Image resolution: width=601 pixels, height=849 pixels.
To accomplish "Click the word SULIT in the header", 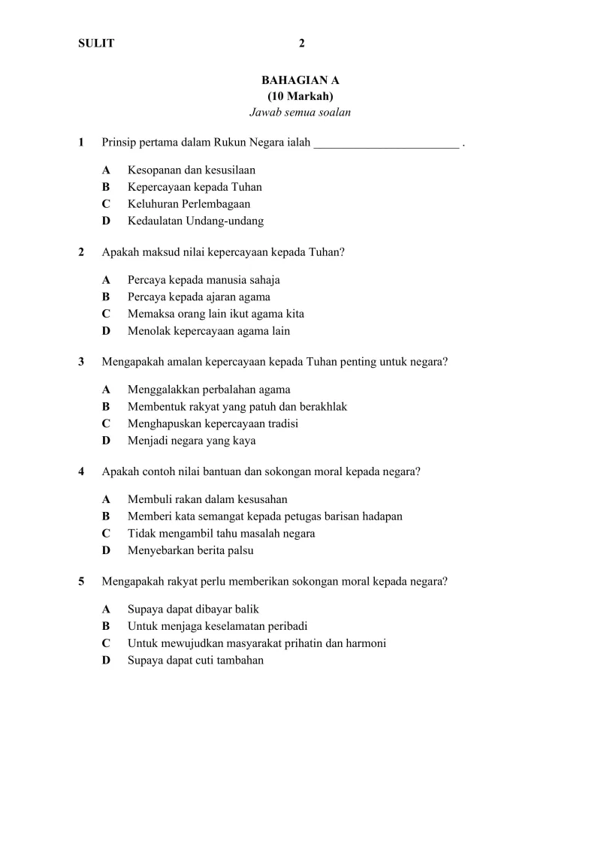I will point(96,44).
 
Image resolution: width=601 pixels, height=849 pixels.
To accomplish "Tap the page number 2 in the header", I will point(301,44).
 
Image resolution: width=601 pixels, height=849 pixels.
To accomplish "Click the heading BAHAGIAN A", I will point(300,79).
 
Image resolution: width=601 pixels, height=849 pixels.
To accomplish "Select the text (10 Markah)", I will point(300,96).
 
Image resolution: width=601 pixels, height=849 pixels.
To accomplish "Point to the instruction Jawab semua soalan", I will point(300,113).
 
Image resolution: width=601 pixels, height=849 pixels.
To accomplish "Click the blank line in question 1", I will point(386,143).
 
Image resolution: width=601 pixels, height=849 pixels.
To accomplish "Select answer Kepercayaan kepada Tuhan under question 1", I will point(195,187).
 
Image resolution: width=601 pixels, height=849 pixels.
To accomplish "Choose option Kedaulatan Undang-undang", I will point(195,221).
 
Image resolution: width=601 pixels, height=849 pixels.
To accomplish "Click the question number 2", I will point(81,252).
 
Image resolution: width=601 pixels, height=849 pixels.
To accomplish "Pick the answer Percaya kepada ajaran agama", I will point(199,297).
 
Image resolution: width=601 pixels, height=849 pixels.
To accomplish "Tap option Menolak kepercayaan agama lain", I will point(208,331).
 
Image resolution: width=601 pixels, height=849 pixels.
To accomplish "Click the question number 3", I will point(81,362).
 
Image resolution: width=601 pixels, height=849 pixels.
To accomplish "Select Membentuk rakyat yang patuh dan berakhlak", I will point(237,407).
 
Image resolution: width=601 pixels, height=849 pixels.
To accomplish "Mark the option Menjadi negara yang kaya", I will point(192,441).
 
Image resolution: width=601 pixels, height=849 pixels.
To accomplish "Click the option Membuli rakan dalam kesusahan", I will point(207,499).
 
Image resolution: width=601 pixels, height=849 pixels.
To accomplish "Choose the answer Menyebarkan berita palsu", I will point(190,550).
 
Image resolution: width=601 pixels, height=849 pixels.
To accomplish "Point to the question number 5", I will point(81,581).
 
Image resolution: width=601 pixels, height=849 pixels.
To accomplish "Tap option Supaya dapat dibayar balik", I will point(193,610).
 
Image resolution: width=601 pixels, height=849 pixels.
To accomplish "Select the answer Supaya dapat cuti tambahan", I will point(195,661).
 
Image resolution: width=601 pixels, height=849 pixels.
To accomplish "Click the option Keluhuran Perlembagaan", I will point(189,204).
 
